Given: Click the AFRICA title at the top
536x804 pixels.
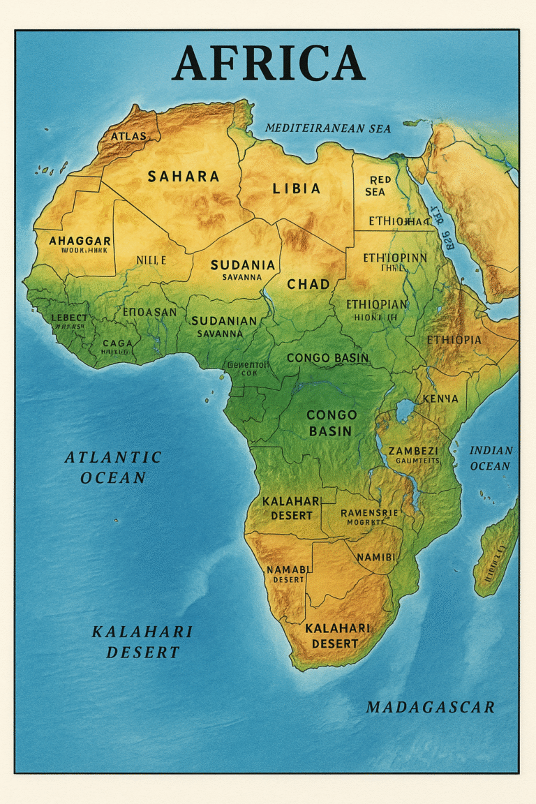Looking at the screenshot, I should (x=268, y=64).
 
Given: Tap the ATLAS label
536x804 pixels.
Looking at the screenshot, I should (x=128, y=135).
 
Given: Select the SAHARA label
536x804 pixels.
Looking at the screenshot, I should (x=184, y=177).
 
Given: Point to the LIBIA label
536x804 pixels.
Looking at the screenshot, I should (x=297, y=188).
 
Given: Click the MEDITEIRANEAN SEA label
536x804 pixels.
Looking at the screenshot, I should (x=328, y=128).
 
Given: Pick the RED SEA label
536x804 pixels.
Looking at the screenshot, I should (x=376, y=186).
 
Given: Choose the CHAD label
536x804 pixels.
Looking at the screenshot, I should (x=308, y=284).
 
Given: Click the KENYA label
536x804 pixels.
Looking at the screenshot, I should (x=440, y=399).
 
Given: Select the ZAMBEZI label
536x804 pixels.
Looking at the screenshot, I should (x=413, y=451).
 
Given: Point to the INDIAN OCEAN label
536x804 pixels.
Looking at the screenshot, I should (x=491, y=458).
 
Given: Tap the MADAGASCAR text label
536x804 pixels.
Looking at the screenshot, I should (x=430, y=707).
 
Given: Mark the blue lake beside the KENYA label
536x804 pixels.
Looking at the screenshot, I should (x=404, y=410).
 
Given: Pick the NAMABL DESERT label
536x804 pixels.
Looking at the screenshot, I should (x=288, y=574).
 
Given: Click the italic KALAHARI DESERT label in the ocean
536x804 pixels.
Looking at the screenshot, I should (x=142, y=642).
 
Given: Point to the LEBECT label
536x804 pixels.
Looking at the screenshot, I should (x=70, y=318).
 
